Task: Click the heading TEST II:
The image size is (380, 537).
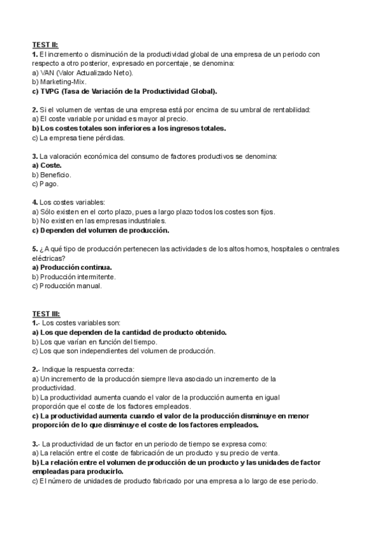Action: click(45, 45)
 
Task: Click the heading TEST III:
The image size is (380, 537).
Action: click(46, 313)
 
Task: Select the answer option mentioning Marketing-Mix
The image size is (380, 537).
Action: click(59, 82)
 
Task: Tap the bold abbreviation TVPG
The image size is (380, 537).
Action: click(50, 91)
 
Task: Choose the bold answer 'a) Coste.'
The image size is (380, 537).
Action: click(47, 165)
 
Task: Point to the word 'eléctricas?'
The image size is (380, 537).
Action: click(48, 258)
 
